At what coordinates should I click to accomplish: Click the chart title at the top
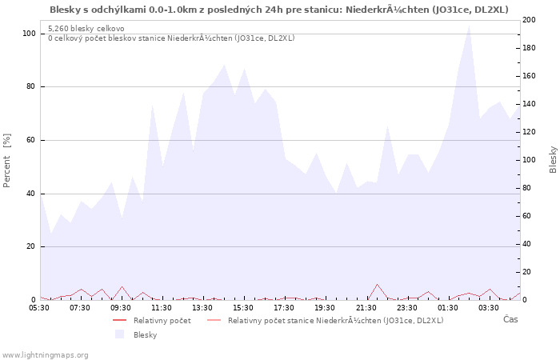[278, 10]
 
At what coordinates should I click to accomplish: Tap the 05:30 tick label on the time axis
[39, 307]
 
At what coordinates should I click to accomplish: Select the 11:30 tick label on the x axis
[162, 307]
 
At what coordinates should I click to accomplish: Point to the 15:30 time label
[243, 307]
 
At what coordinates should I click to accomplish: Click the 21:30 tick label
[366, 307]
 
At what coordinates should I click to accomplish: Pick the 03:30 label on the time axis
[489, 307]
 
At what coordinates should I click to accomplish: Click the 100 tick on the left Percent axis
[29, 34]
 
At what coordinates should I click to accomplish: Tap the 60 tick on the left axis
[31, 140]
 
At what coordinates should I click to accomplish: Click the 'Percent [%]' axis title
[7, 160]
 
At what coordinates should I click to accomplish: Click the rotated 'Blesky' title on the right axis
[553, 159]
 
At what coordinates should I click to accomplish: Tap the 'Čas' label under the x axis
[510, 320]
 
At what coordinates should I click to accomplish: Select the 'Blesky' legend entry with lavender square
[145, 334]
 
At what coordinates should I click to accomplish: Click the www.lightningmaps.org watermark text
[45, 354]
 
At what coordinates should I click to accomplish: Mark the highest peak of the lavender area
[469, 25]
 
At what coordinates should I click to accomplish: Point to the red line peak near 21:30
[377, 284]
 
